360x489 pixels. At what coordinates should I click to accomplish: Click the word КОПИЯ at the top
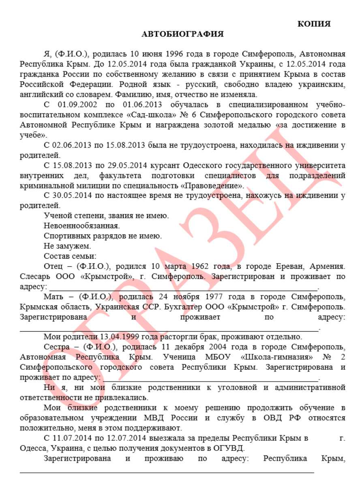pos(314,24)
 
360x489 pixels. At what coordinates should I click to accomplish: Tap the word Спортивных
pos(64,235)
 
